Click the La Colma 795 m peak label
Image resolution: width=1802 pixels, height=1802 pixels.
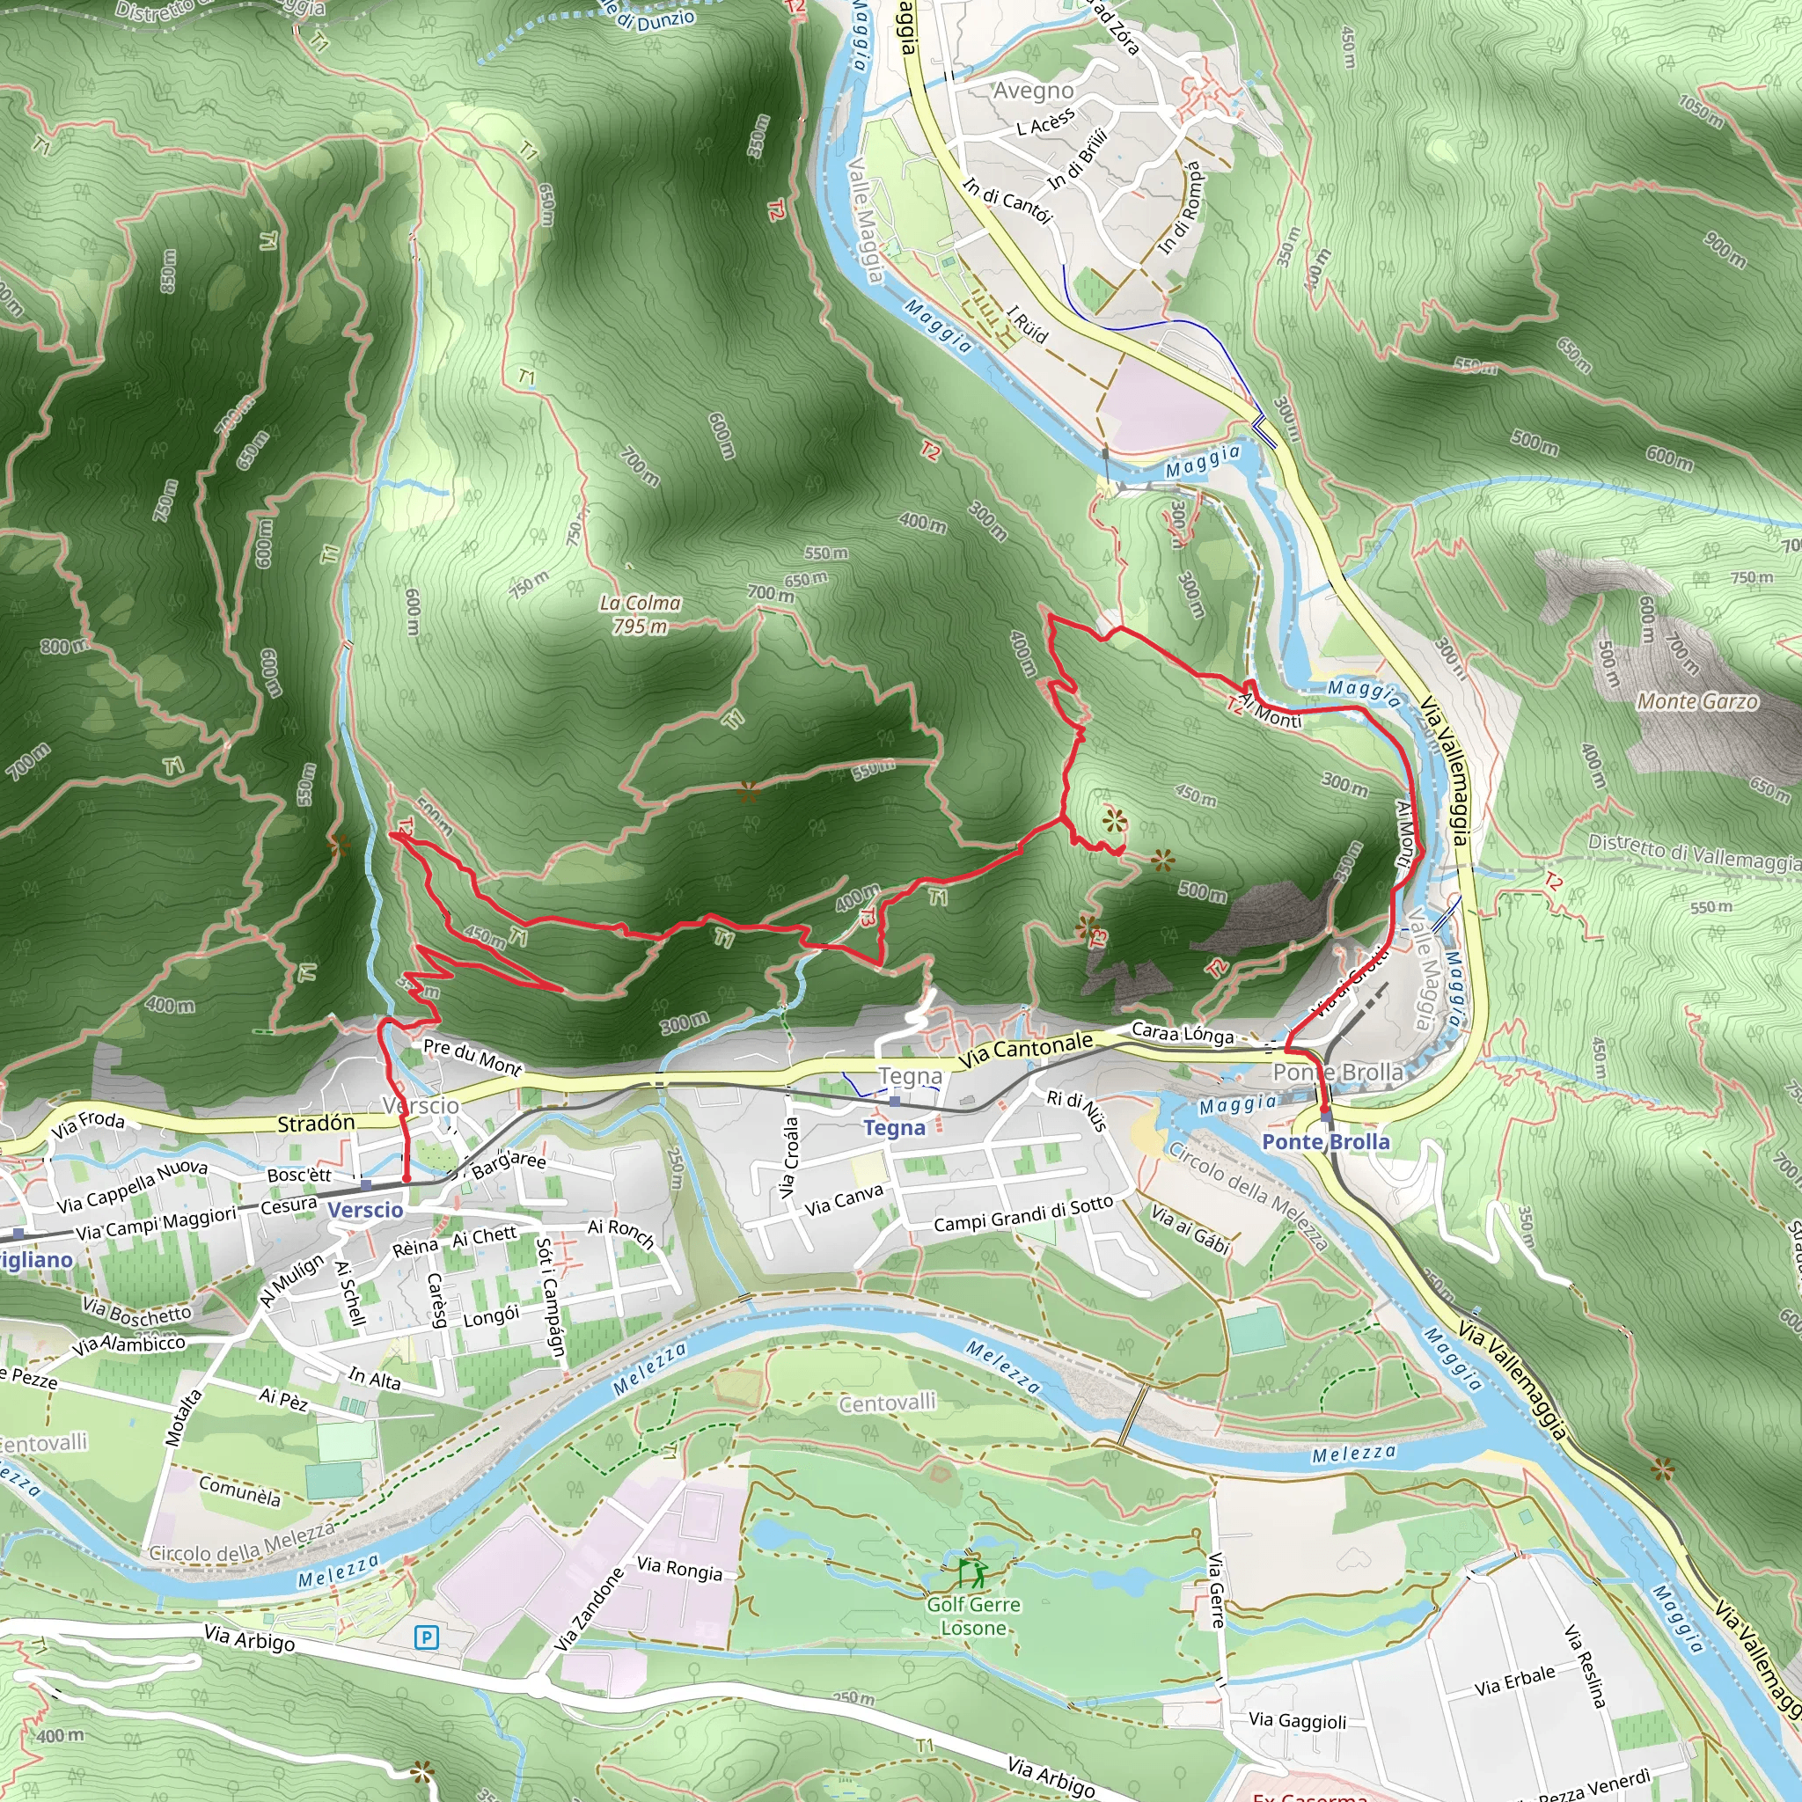click(x=640, y=615)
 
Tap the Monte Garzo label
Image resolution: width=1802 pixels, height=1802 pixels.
click(x=1697, y=701)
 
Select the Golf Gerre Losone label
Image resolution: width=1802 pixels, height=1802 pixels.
click(x=973, y=1616)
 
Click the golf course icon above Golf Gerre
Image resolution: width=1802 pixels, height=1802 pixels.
click(x=972, y=1573)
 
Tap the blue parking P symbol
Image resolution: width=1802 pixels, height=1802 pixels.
click(x=426, y=1636)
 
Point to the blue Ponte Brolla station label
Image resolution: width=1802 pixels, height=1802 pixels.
click(x=1325, y=1141)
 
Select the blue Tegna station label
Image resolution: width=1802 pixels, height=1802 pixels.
click(x=894, y=1128)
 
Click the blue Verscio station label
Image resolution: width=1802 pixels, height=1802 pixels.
click(x=366, y=1210)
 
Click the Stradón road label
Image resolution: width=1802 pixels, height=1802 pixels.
click(x=316, y=1124)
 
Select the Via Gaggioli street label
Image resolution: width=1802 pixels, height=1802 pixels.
click(x=1298, y=1720)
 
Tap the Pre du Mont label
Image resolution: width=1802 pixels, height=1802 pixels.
click(x=472, y=1056)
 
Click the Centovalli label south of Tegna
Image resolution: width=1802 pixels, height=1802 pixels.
click(x=887, y=1403)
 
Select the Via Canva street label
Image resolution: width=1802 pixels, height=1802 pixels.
click(x=843, y=1199)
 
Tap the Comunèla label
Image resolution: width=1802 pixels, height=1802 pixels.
click(x=239, y=1491)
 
